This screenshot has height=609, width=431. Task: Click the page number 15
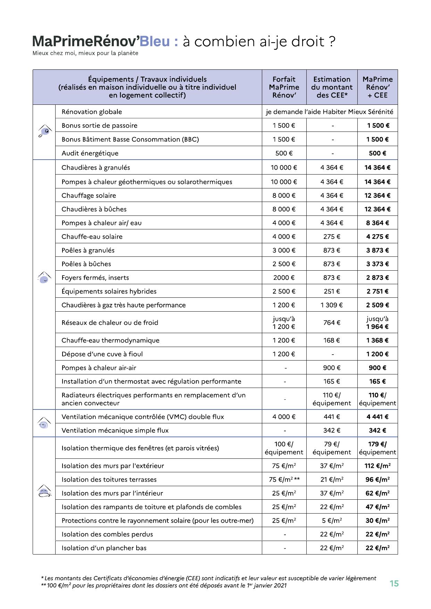pyautogui.click(x=394, y=583)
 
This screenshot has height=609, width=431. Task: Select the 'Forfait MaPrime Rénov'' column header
pyautogui.click(x=284, y=87)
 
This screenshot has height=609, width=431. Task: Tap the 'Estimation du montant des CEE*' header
pyautogui.click(x=332, y=87)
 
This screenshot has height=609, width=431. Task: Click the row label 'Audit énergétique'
pyautogui.click(x=90, y=153)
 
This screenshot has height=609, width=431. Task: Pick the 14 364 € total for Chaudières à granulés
pyautogui.click(x=377, y=168)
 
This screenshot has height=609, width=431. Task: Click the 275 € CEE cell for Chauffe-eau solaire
pyautogui.click(x=332, y=237)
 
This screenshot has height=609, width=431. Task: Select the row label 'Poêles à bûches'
pyautogui.click(x=86, y=264)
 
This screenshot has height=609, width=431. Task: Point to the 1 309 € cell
pyautogui.click(x=331, y=305)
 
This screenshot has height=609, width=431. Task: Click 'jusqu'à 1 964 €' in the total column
pyautogui.click(x=377, y=323)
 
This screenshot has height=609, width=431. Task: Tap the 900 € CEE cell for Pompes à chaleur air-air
pyautogui.click(x=332, y=368)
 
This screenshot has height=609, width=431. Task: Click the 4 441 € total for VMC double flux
pyautogui.click(x=377, y=417)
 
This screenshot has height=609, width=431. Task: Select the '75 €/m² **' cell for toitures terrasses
pyautogui.click(x=284, y=480)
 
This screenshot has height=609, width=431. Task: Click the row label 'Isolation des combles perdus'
pyautogui.click(x=107, y=534)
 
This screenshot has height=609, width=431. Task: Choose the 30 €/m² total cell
pyautogui.click(x=377, y=521)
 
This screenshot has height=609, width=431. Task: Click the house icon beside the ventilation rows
pyautogui.click(x=44, y=423)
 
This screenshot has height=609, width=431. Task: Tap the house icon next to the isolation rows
pyautogui.click(x=44, y=491)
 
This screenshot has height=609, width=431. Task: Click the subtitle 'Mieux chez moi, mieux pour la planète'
pyautogui.click(x=85, y=53)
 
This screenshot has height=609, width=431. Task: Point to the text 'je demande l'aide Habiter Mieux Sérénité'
pyautogui.click(x=330, y=112)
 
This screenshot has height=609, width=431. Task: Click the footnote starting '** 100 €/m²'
pyautogui.click(x=164, y=586)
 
